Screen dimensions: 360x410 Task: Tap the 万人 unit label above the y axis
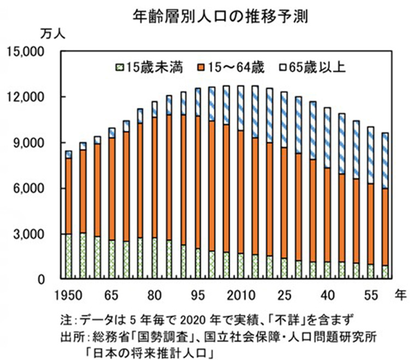53,34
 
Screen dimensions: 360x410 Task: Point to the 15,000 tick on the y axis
28,52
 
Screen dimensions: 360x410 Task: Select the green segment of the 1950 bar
69,257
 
